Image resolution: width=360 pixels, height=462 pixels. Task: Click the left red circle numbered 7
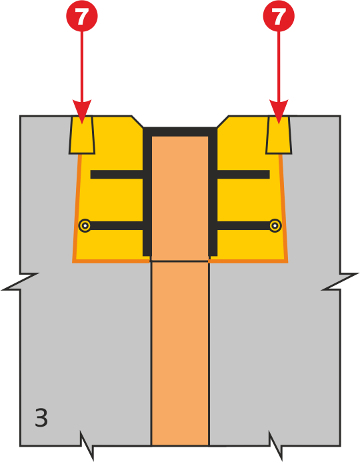[81, 15]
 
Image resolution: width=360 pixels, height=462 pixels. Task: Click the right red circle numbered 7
[279, 15]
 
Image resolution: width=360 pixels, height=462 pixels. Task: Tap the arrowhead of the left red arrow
[82, 112]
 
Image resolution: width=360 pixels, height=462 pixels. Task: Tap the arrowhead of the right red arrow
[279, 112]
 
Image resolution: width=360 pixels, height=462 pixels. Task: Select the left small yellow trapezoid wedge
[82, 135]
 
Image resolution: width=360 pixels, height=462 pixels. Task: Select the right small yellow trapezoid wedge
[279, 135]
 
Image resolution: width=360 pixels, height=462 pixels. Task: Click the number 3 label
[41, 417]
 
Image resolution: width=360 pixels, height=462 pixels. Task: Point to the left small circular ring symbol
[85, 226]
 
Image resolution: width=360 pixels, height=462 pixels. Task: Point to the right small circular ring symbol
[275, 226]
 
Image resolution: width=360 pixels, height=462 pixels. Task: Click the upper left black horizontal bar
[117, 175]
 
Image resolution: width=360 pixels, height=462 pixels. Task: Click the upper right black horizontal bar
[243, 175]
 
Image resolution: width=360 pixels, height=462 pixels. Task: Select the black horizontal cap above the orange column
[180, 132]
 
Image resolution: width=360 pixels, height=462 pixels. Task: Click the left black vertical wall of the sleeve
[147, 191]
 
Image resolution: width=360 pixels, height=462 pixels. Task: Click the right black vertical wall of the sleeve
[213, 191]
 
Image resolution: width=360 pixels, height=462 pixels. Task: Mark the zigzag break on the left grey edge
[20, 282]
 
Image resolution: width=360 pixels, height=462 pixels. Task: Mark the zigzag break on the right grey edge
[340, 282]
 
